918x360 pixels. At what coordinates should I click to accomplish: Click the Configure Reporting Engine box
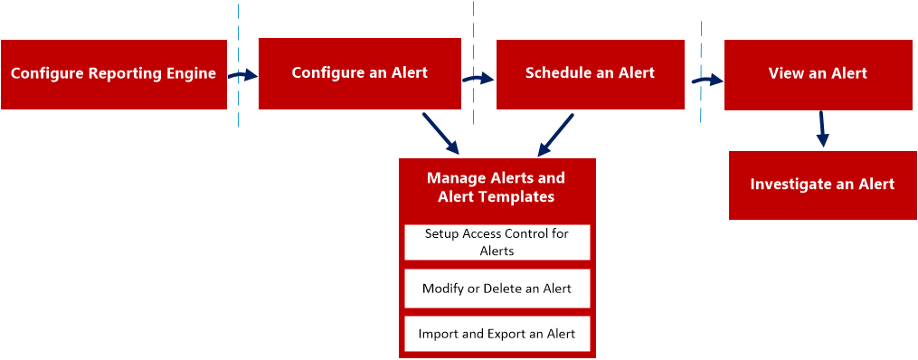click(113, 74)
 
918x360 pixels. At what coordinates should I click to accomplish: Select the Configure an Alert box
click(359, 73)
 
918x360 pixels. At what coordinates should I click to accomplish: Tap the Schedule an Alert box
click(590, 73)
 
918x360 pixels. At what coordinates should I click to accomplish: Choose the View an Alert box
click(818, 74)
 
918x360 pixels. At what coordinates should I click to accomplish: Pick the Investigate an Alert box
click(822, 185)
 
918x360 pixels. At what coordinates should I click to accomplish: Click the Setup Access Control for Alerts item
click(497, 242)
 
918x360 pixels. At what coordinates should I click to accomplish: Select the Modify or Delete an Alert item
click(497, 289)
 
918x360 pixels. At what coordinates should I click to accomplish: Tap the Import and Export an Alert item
click(497, 335)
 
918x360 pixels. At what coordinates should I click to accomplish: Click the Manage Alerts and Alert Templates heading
click(496, 187)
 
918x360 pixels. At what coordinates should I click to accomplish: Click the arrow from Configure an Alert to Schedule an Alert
click(478, 79)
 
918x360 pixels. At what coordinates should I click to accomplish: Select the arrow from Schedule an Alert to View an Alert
click(708, 80)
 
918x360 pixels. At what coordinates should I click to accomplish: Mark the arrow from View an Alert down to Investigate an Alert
click(821, 128)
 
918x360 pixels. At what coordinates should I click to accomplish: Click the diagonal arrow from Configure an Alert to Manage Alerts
click(440, 133)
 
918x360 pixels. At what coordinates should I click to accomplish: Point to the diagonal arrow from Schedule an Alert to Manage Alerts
click(555, 134)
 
